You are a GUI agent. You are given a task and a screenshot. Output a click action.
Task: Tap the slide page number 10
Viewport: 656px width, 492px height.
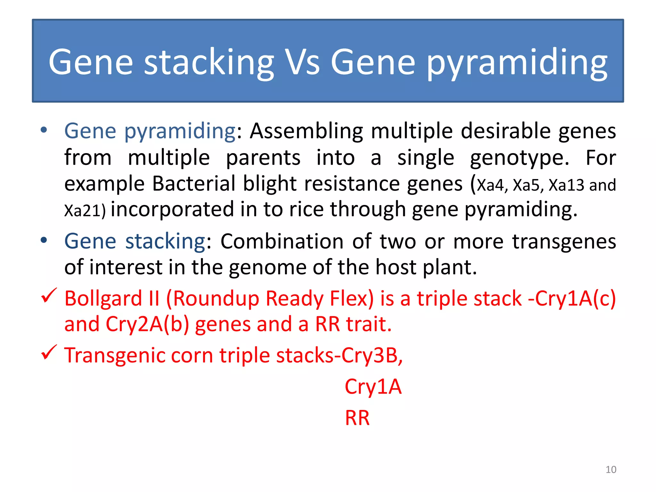[x=611, y=470]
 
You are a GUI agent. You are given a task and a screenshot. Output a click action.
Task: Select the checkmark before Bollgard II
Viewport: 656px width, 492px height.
[x=49, y=295]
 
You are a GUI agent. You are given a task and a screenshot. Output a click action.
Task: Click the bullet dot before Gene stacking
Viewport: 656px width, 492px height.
[x=44, y=240]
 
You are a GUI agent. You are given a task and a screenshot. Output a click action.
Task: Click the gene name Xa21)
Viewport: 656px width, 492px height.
[x=85, y=211]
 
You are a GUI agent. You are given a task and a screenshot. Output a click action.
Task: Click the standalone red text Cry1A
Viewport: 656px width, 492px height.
[x=373, y=387]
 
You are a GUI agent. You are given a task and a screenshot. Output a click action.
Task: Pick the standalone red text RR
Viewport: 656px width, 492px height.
[x=357, y=418]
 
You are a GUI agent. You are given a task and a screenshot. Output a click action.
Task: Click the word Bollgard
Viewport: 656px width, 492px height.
[x=103, y=299]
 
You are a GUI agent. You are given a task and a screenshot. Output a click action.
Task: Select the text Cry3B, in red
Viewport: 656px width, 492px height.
[x=372, y=356]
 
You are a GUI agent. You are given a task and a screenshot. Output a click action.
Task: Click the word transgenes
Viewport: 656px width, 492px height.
[x=564, y=241]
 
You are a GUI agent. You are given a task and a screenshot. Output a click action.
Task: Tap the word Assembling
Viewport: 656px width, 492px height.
[x=307, y=131]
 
